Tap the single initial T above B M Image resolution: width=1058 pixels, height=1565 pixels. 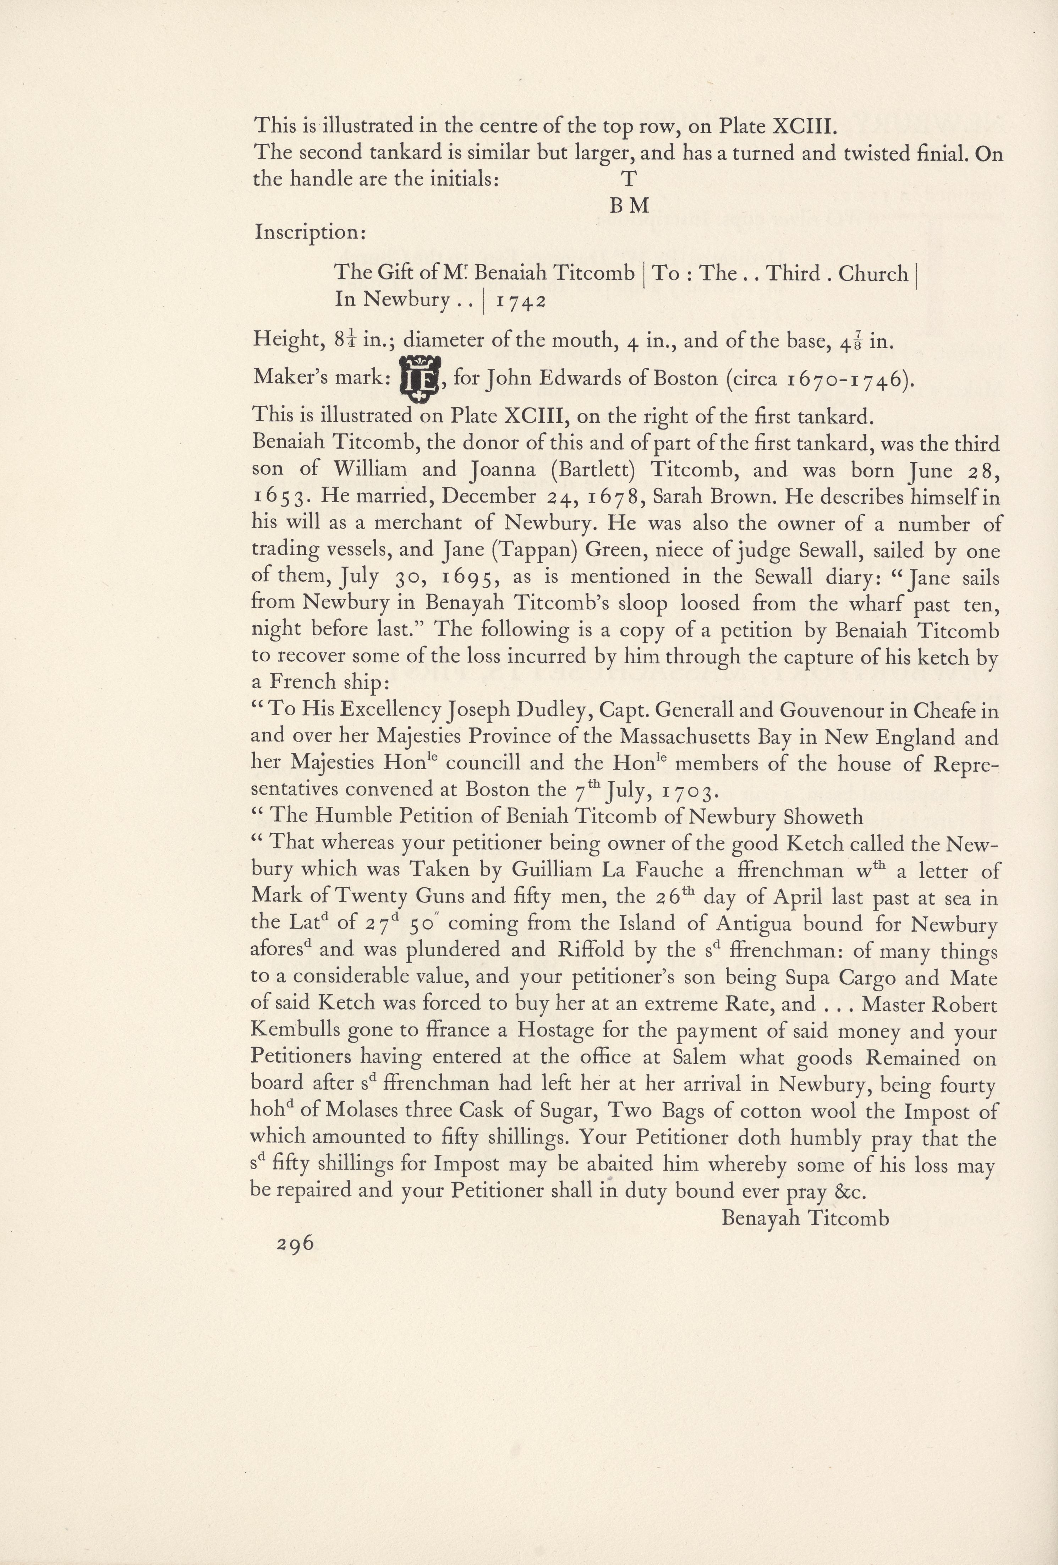coord(628,179)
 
